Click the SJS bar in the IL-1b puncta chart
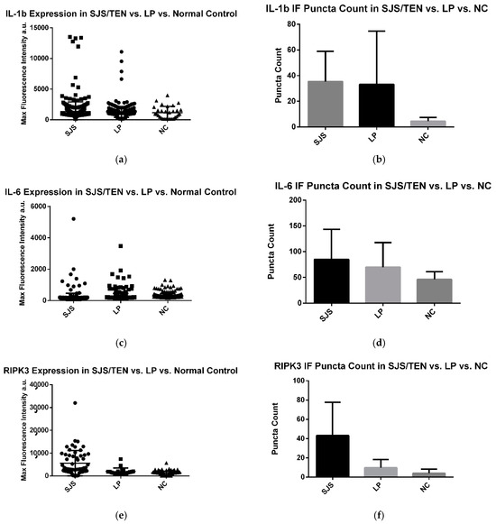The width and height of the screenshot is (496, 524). click(x=331, y=104)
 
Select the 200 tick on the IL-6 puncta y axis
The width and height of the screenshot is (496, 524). click(x=293, y=199)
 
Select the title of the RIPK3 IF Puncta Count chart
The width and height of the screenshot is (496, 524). click(x=380, y=366)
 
